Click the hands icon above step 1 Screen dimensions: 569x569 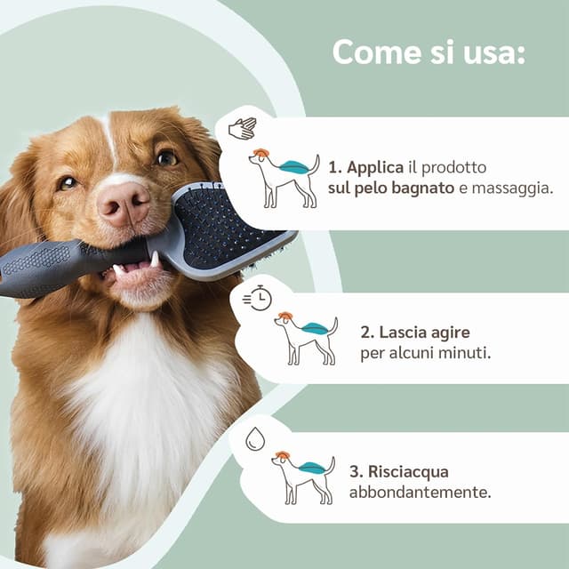tap(243, 128)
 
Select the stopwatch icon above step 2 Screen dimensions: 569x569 tap(257, 298)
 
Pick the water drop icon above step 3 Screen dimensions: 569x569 tap(255, 438)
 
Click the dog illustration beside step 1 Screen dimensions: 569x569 tap(284, 178)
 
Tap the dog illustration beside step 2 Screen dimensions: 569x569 tap(306, 338)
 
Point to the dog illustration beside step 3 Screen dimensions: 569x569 tap(303, 478)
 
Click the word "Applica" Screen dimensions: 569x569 tap(375, 168)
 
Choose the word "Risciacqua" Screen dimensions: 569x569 tap(408, 472)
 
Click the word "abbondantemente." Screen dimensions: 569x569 tap(420, 492)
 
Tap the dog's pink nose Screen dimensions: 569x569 tap(124, 204)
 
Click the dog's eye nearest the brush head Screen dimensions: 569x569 tap(167, 157)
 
